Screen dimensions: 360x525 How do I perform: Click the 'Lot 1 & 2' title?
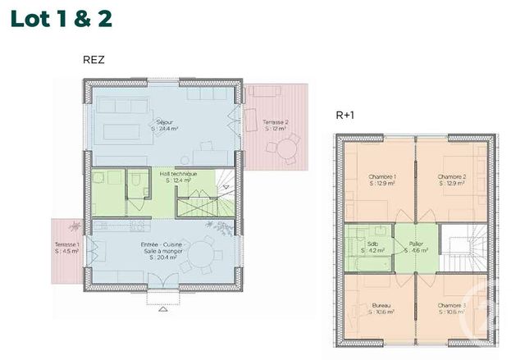62,18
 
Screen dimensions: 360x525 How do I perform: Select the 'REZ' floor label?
94,59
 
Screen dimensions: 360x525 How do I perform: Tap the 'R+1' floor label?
345,116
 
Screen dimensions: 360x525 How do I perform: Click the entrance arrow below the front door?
162,310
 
